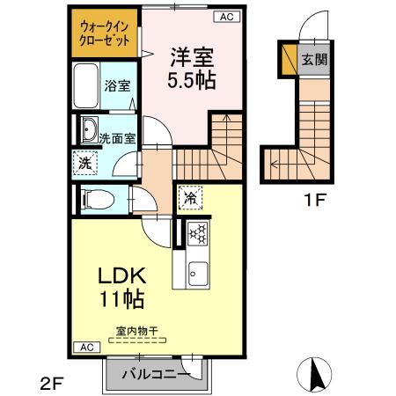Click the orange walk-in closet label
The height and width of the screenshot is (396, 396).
(102, 33)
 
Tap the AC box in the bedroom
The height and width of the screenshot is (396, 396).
(224, 16)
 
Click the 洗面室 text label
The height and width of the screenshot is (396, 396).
(116, 138)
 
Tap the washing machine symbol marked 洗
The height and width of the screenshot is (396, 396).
(85, 163)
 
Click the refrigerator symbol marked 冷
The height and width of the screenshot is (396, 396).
(189, 198)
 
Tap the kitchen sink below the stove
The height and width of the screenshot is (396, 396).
(196, 272)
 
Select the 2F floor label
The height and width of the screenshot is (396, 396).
(51, 383)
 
